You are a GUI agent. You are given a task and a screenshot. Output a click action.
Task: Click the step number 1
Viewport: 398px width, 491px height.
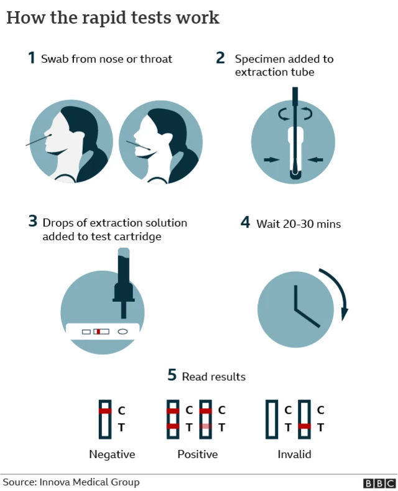tap(31, 58)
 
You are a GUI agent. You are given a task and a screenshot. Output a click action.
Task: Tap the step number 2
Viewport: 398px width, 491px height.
tap(220, 58)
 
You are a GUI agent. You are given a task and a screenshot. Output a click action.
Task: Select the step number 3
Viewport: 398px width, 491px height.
tap(32, 222)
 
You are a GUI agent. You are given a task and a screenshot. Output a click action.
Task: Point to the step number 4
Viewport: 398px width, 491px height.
tap(246, 223)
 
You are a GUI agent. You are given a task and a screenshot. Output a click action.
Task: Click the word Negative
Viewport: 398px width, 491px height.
tap(112, 454)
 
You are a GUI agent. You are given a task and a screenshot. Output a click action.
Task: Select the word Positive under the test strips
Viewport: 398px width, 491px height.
tap(197, 454)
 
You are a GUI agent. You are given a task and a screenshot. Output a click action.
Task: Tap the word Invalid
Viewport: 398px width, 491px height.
tap(294, 454)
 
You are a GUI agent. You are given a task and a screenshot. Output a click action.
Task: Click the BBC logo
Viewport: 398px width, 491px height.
tap(379, 483)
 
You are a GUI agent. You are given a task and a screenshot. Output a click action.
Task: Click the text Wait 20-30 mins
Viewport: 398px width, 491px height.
tap(298, 223)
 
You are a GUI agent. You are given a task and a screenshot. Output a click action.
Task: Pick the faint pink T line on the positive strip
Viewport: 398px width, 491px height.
tap(205, 426)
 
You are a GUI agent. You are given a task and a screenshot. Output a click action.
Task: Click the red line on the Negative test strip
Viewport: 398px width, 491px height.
tap(105, 411)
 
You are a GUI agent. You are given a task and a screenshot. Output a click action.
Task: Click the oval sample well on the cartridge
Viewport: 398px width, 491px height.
tap(123, 332)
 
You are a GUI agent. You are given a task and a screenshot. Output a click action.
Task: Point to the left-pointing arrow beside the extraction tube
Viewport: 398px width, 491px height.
tap(316, 160)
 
